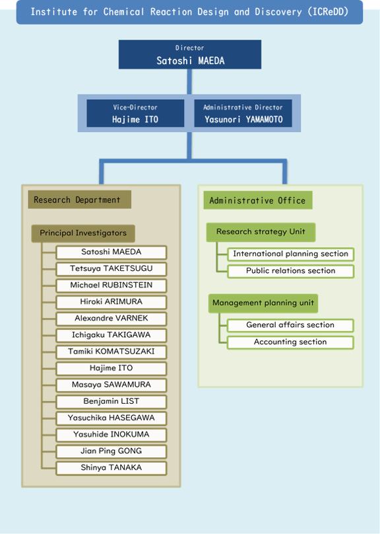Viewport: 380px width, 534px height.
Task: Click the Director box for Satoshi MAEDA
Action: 189,54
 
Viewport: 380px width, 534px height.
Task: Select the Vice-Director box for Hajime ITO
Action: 135,113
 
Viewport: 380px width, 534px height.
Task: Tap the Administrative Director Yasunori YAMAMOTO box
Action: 243,113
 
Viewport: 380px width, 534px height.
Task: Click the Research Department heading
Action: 80,200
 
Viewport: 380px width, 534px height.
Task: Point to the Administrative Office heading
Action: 258,200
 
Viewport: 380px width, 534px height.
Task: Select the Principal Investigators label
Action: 83,233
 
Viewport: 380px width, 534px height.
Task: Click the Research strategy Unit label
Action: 261,232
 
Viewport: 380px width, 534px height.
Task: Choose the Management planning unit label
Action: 263,303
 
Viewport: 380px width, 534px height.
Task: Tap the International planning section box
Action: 291,254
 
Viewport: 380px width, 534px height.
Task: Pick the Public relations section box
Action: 291,271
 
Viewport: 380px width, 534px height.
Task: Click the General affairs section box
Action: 290,325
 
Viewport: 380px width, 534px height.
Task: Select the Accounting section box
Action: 290,342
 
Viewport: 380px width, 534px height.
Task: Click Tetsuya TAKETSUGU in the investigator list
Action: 111,269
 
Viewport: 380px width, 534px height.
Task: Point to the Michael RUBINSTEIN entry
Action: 111,286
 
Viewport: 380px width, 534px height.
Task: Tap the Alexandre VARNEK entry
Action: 111,319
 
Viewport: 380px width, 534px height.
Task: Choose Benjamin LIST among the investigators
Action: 111,402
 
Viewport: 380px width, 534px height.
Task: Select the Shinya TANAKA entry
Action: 111,468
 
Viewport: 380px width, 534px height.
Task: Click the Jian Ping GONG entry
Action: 111,451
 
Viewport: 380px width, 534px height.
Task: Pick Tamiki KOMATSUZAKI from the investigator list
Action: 111,352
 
